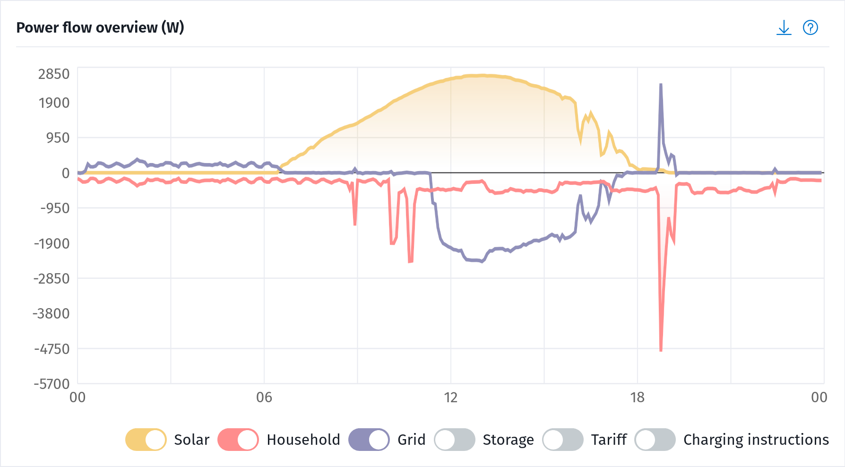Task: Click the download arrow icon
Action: (x=784, y=28)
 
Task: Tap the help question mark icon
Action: (x=811, y=28)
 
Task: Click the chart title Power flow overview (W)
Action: (x=100, y=27)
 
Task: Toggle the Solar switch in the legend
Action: (x=146, y=440)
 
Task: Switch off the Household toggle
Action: (x=238, y=440)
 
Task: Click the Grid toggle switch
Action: (x=369, y=440)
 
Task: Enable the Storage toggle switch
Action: (x=454, y=440)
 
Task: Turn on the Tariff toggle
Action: (x=562, y=440)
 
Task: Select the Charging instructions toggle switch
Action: (x=655, y=440)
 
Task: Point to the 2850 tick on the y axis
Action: (x=54, y=74)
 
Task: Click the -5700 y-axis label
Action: (x=52, y=384)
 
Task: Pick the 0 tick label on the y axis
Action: (x=66, y=173)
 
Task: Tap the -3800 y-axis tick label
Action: (x=52, y=313)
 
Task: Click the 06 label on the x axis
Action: (x=264, y=398)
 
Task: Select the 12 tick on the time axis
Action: (x=451, y=398)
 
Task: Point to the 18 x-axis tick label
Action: (x=638, y=398)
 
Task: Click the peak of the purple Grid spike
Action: (x=661, y=85)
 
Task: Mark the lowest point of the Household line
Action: (x=661, y=350)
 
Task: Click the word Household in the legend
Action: (x=303, y=440)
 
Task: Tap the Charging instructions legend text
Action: (x=756, y=440)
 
